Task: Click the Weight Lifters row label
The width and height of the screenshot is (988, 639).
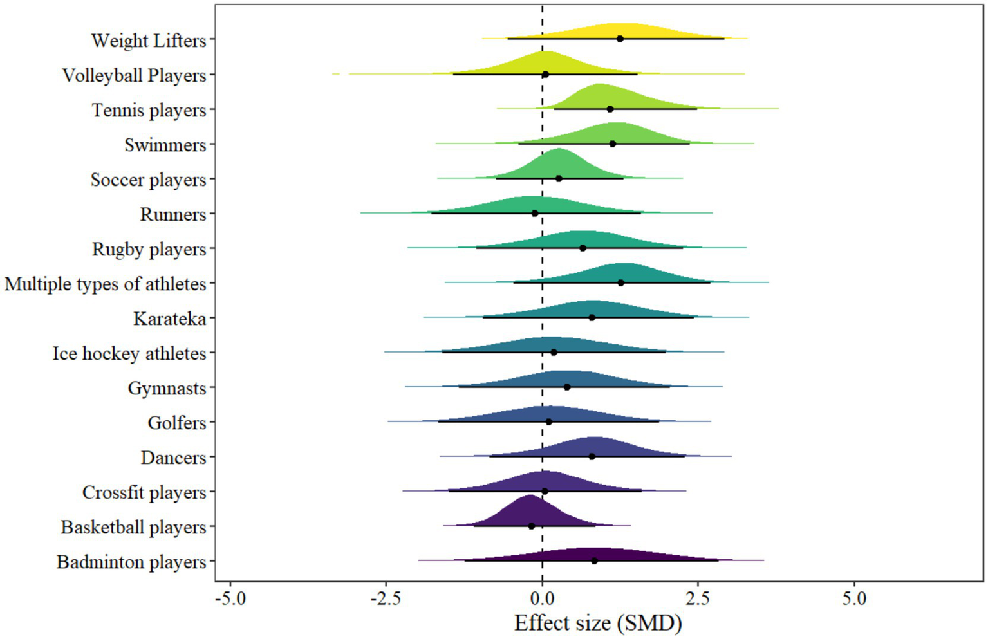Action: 149,41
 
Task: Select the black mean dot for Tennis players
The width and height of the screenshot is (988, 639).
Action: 610,109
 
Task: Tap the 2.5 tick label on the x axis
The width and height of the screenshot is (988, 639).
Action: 698,599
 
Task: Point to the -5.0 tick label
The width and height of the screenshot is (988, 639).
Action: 230,599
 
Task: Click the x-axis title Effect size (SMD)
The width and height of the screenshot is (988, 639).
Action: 597,623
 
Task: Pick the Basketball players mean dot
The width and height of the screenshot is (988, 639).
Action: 532,526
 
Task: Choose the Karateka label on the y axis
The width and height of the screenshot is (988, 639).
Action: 170,319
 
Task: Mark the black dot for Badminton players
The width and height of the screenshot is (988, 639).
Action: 594,560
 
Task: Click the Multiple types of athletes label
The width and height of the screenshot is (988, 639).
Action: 106,284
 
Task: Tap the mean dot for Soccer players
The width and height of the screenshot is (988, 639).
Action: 559,178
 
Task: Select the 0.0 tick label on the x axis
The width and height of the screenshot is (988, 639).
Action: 542,599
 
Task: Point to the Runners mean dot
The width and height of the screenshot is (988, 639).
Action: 535,213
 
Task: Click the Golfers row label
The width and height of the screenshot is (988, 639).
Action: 177,423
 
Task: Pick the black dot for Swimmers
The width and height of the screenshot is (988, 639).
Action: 612,144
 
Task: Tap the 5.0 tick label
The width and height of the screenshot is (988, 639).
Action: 854,599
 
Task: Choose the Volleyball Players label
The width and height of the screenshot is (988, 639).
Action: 134,75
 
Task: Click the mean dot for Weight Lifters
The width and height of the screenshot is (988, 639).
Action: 620,39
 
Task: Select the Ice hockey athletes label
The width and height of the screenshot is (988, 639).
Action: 129,353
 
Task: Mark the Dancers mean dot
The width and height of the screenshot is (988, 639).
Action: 592,456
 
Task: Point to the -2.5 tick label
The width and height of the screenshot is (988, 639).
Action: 386,599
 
